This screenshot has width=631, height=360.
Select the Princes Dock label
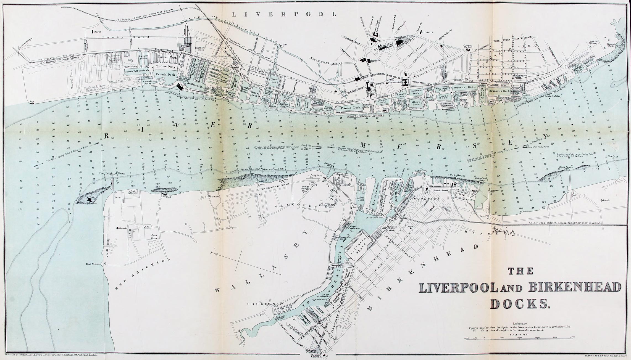point(351,108)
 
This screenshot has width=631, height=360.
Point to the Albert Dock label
point(416,103)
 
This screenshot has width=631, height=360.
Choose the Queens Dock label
point(465,87)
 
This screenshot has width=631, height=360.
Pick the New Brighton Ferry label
point(112,174)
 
